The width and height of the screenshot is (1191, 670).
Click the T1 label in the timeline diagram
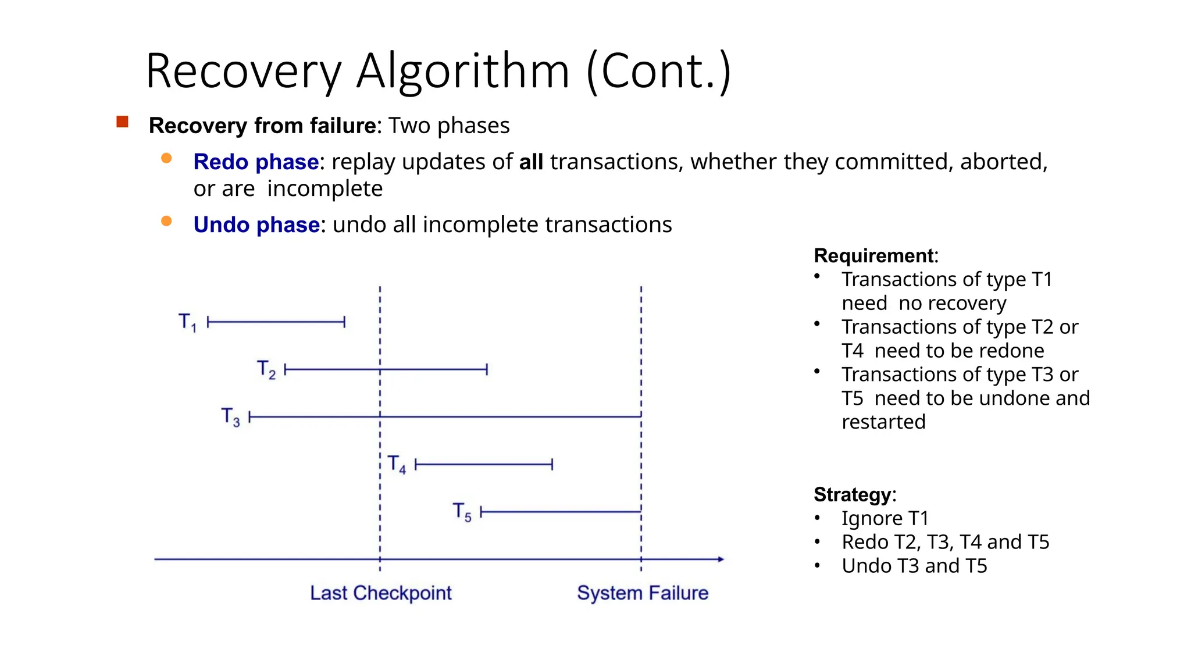187,322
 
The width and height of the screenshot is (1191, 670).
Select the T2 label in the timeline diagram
266,369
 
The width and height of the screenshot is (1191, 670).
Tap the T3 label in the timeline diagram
230,417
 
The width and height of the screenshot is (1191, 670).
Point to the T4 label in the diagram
397,464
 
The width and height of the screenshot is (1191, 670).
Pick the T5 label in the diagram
462,512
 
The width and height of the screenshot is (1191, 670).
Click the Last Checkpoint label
380,593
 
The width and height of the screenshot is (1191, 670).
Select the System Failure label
643,593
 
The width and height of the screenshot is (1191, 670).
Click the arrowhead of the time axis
721,559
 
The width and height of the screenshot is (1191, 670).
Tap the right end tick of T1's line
344,322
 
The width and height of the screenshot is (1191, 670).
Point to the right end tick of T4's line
552,464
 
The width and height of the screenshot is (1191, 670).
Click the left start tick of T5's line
481,512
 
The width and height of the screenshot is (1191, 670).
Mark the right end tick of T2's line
487,369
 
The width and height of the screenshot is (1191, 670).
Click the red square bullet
122,122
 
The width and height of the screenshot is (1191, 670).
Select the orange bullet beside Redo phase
166,158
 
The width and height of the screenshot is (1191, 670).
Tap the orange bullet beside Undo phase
166,221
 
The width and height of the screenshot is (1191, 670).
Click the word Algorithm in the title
462,71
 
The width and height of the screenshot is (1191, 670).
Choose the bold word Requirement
874,256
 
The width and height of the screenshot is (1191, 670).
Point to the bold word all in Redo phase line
531,162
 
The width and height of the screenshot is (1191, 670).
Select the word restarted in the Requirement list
883,422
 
